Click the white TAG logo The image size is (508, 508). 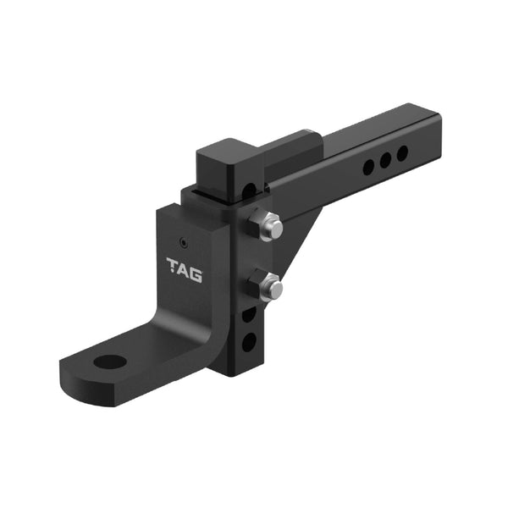coord(185,265)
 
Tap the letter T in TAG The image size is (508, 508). coord(173,265)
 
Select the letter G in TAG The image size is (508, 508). coord(196,265)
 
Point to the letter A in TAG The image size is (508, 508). coord(185,265)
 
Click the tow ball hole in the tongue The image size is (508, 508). coord(110,362)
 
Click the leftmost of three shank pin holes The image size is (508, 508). coord(368,168)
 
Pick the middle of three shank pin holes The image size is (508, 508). coord(385,160)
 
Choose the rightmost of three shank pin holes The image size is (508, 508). coord(402,152)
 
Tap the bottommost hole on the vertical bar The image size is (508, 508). coord(249,342)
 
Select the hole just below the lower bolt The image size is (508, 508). coord(249,314)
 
